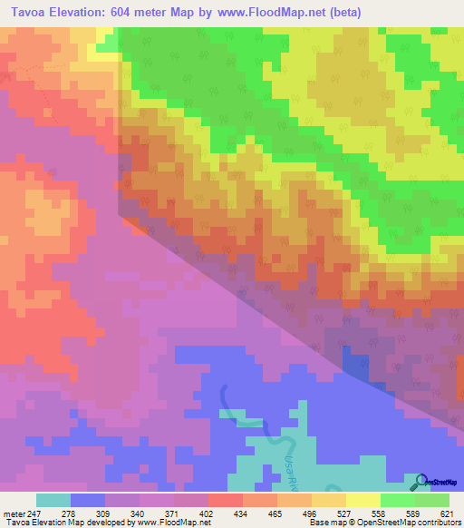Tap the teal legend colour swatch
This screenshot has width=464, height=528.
click(x=53, y=501)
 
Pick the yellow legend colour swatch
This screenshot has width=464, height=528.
click(x=362, y=501)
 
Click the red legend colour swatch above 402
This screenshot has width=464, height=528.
click(x=225, y=501)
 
